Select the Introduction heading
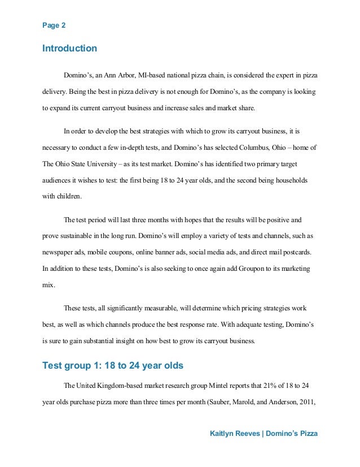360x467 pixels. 69,49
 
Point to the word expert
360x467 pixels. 273,75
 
